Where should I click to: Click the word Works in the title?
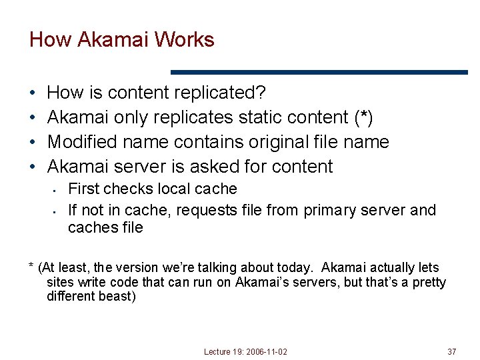(x=183, y=40)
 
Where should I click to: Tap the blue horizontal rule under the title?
(x=319, y=72)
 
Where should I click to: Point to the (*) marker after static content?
(x=362, y=117)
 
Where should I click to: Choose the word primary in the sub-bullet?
(x=330, y=211)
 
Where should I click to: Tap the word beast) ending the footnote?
(x=118, y=297)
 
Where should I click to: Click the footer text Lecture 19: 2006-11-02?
(x=246, y=351)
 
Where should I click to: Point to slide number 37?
(x=451, y=351)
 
